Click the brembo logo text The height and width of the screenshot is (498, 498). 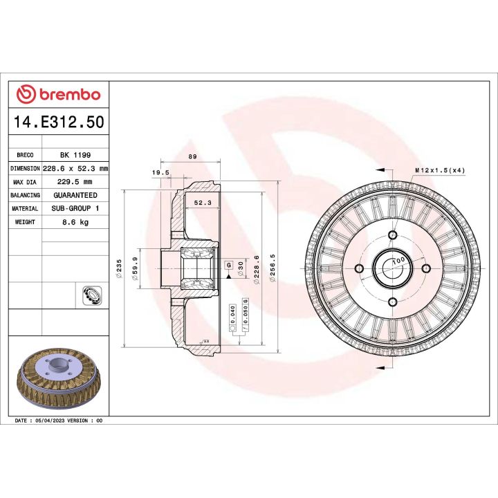(x=66, y=94)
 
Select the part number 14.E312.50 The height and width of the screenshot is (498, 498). (x=59, y=122)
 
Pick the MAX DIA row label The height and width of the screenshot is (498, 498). (x=25, y=182)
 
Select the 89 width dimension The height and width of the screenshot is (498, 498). (x=192, y=157)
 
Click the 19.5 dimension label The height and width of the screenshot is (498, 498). (x=160, y=173)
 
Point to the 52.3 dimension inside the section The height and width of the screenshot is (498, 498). (x=202, y=203)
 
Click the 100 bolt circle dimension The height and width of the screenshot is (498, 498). (x=398, y=261)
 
